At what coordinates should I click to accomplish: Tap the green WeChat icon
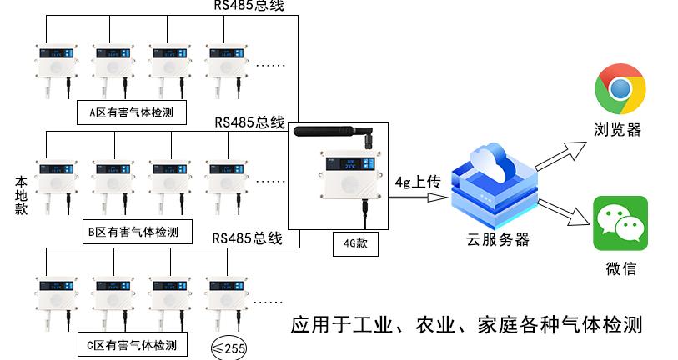pos(620,222)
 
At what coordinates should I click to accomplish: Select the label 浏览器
pos(618,130)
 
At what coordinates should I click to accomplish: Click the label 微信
pos(620,268)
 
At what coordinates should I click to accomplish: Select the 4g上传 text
pos(417,181)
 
